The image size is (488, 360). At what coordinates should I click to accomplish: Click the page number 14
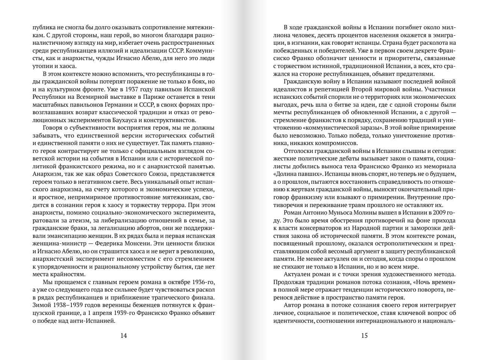click(123, 336)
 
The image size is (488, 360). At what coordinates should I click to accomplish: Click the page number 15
click(364, 336)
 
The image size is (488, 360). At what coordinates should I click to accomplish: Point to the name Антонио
click(318, 213)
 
